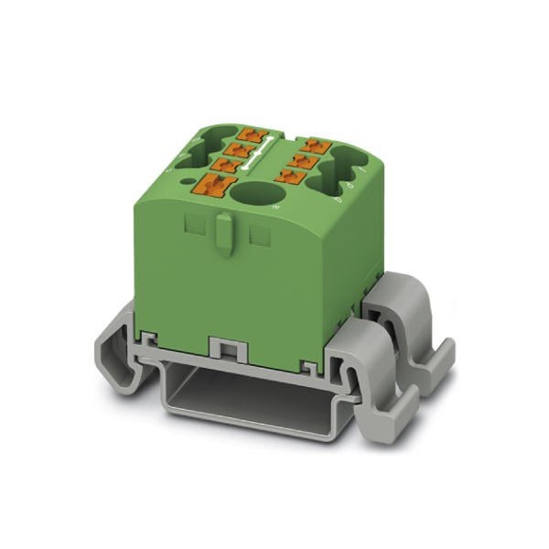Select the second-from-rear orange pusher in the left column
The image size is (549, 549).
click(241, 149)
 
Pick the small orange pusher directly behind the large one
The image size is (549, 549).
click(223, 165)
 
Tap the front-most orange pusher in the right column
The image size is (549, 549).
click(295, 177)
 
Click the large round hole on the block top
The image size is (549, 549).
click(253, 194)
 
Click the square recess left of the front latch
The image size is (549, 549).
click(193, 225)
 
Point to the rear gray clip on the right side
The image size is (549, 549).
click(412, 320)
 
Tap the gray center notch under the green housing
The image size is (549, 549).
click(223, 349)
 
